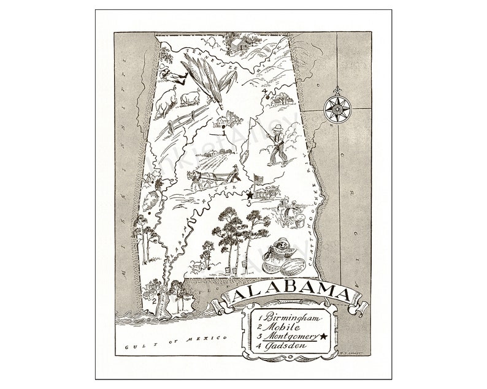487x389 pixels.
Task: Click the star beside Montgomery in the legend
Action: (x=322, y=336)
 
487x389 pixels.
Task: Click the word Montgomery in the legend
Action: (x=286, y=336)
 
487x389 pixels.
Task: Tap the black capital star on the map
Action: (x=250, y=195)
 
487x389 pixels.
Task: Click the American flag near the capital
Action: (x=258, y=179)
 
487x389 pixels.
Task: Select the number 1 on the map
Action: (x=224, y=131)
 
